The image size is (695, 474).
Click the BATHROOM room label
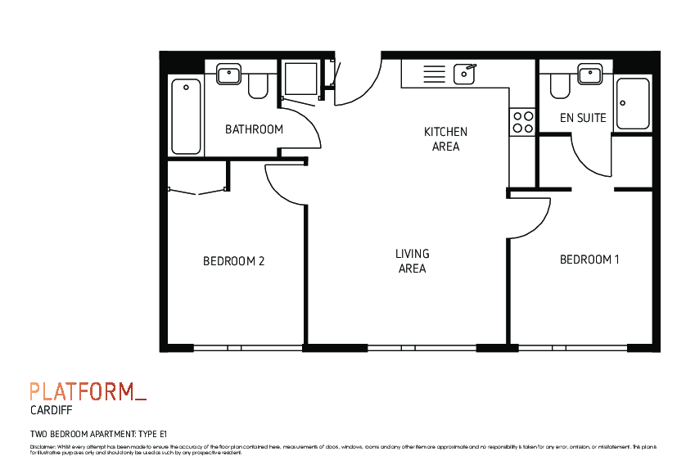point(254,129)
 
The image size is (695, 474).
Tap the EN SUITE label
point(583,118)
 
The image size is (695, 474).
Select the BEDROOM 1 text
point(589,260)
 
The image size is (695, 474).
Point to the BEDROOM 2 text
point(233,261)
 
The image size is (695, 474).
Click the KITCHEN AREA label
point(445,139)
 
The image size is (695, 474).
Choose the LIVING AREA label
point(413,261)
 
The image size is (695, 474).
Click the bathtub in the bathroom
point(187,115)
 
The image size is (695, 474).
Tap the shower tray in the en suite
point(632,103)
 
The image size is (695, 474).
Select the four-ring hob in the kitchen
point(522,122)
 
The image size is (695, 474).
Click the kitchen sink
point(465,74)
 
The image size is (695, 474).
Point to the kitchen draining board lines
point(434,74)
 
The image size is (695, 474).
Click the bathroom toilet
point(259,86)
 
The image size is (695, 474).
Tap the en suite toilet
point(561,85)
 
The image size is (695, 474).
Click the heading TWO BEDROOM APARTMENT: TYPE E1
point(98,434)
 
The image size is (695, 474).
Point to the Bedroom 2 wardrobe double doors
point(197,190)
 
